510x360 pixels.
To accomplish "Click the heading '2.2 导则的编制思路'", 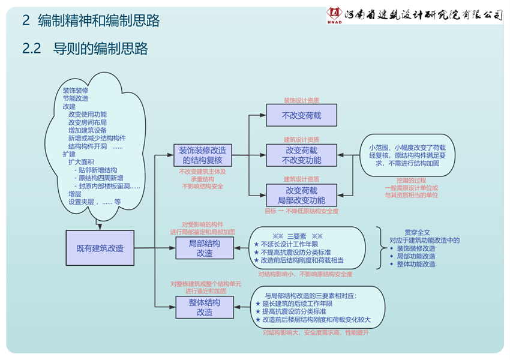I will coord(85,49).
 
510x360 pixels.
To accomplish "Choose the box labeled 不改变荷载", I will coord(301,115).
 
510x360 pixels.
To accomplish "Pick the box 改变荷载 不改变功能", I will coord(301,155).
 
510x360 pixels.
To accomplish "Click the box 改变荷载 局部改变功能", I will coord(301,195).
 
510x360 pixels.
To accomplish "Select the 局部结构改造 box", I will coord(205,248).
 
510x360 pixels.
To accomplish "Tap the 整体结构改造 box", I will coord(205,307).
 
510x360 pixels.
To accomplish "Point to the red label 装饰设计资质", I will coord(301,100).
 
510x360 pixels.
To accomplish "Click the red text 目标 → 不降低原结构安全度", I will coord(301,211).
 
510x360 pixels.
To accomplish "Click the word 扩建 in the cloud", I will coord(70,154).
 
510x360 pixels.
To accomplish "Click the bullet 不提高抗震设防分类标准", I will coord(296,252).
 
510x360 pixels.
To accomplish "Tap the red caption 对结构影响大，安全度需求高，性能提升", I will coord(316,332).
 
